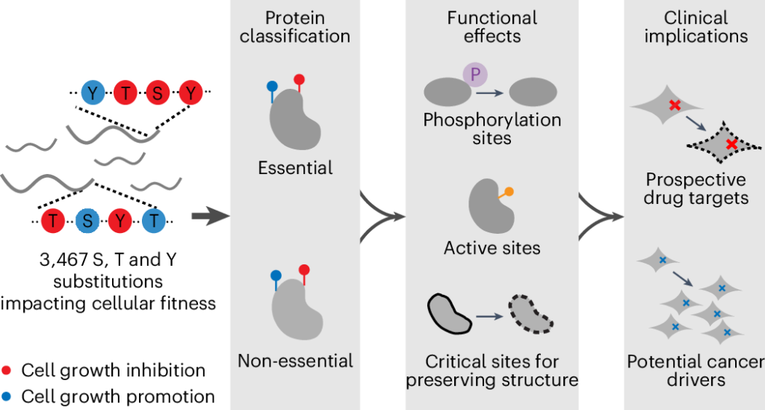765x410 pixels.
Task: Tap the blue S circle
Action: [x=87, y=221]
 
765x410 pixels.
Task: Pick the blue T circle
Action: [x=154, y=221]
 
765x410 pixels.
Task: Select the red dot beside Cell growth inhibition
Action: [x=7, y=370]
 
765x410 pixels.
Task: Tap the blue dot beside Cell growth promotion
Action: [x=7, y=397]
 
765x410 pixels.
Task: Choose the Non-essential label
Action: [x=295, y=361]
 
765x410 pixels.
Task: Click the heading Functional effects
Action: [x=492, y=27]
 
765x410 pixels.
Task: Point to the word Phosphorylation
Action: [x=492, y=120]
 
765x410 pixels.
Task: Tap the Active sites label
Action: [x=492, y=247]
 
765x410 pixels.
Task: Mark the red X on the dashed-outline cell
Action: [x=731, y=143]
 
